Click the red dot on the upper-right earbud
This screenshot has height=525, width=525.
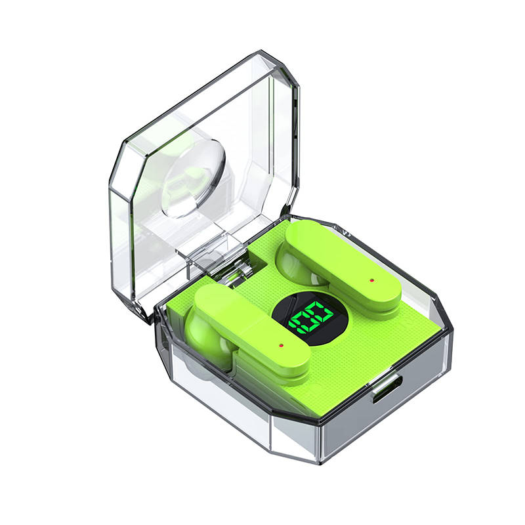pyautogui.click(x=371, y=280)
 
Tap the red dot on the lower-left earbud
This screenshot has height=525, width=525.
pyautogui.click(x=281, y=345)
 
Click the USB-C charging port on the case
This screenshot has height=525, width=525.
pyautogui.click(x=387, y=389)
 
